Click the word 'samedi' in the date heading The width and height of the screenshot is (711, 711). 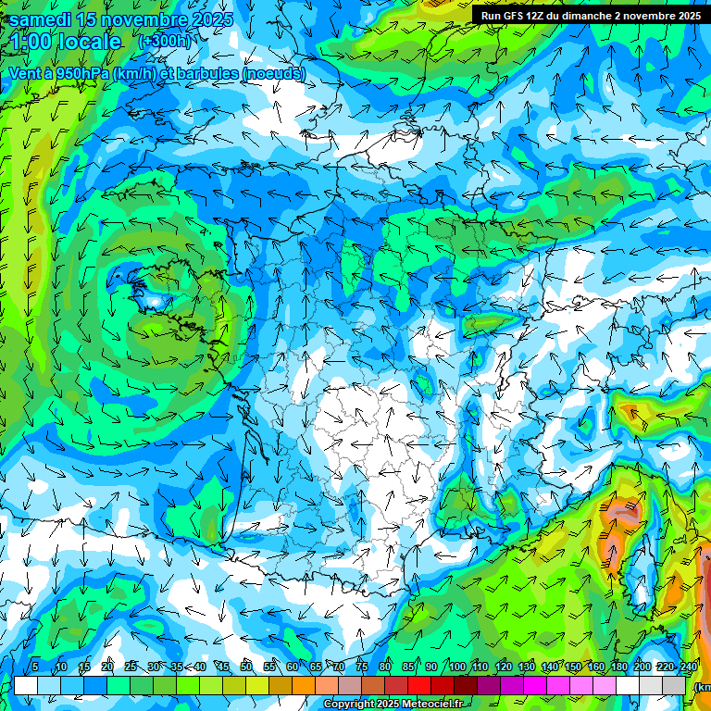pos(41,19)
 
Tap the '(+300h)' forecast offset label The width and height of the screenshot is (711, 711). pos(164,42)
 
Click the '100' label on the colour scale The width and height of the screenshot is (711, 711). pos(456,667)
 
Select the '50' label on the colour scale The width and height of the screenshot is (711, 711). pos(246,667)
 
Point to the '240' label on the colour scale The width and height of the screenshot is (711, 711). pos(688,667)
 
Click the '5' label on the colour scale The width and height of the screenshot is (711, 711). pos(35,667)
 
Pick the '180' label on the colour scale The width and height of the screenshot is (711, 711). pos(617,667)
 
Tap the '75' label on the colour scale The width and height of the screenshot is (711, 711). pos(362,667)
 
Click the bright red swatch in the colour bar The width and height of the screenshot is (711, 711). pos(419,686)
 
